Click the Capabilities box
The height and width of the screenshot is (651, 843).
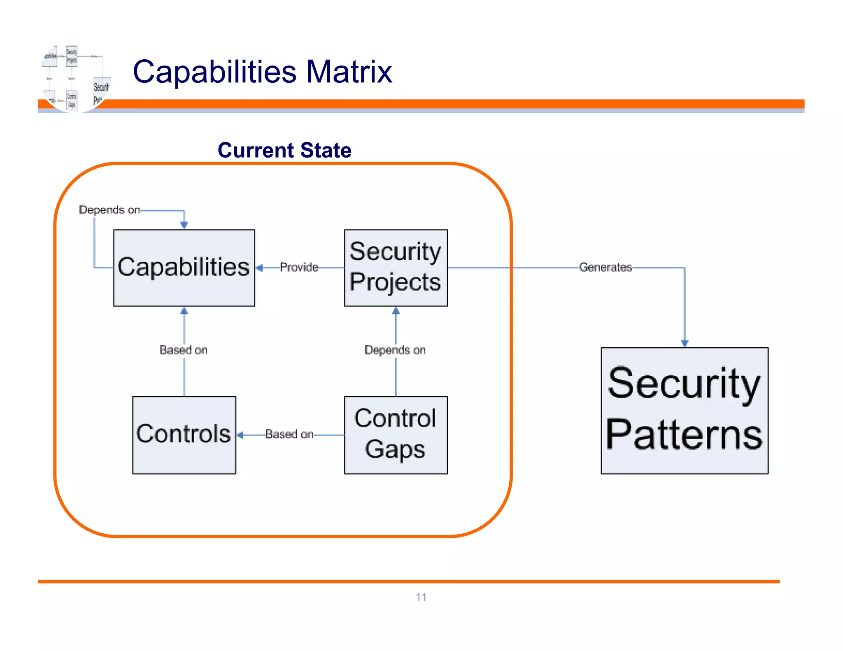(184, 267)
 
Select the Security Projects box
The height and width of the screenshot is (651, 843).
(396, 267)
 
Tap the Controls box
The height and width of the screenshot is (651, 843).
(184, 435)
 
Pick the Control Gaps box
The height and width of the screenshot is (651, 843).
(396, 435)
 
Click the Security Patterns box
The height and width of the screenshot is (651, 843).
(685, 410)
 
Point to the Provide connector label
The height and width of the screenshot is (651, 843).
(299, 267)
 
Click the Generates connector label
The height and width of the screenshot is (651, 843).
(605, 267)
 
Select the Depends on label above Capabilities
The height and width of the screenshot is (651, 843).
(109, 210)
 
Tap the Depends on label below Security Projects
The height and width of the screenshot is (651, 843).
(395, 350)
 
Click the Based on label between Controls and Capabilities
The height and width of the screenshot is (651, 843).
(184, 350)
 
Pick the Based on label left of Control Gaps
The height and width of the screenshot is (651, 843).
(289, 434)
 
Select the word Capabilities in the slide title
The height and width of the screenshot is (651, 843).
(214, 72)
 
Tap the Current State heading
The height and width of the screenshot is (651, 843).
(284, 150)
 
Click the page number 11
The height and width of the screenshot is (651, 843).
(421, 597)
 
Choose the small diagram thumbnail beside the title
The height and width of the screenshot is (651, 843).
(76, 78)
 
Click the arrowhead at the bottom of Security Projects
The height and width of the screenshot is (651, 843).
(396, 311)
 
